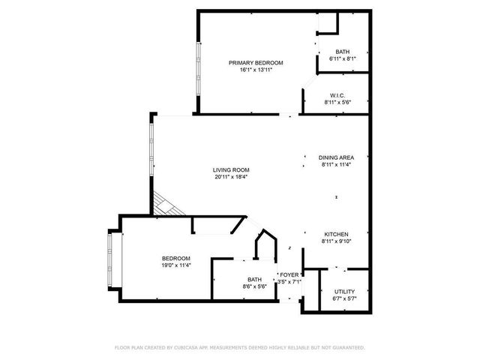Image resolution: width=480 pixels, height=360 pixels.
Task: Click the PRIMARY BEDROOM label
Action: click(x=256, y=62)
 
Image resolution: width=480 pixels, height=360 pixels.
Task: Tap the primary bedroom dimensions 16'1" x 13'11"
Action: click(x=256, y=70)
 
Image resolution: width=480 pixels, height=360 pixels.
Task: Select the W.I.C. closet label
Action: click(x=336, y=94)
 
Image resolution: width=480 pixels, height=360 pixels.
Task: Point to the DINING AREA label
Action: click(x=336, y=157)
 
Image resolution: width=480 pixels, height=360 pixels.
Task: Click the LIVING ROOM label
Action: click(x=231, y=169)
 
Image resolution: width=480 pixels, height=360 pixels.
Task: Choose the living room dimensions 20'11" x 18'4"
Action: click(x=231, y=177)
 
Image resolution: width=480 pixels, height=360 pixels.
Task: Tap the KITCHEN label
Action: click(x=336, y=234)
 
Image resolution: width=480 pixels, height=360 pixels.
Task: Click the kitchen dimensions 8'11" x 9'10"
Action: click(x=336, y=241)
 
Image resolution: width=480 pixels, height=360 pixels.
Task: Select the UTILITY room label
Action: click(x=345, y=291)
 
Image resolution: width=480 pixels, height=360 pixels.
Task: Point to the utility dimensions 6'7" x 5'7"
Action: click(x=345, y=298)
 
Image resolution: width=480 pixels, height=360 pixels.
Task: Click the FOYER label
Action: click(x=289, y=274)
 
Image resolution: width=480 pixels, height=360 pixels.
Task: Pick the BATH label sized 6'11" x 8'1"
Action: click(x=342, y=51)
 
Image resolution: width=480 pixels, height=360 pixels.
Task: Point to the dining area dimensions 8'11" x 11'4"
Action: click(x=336, y=164)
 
